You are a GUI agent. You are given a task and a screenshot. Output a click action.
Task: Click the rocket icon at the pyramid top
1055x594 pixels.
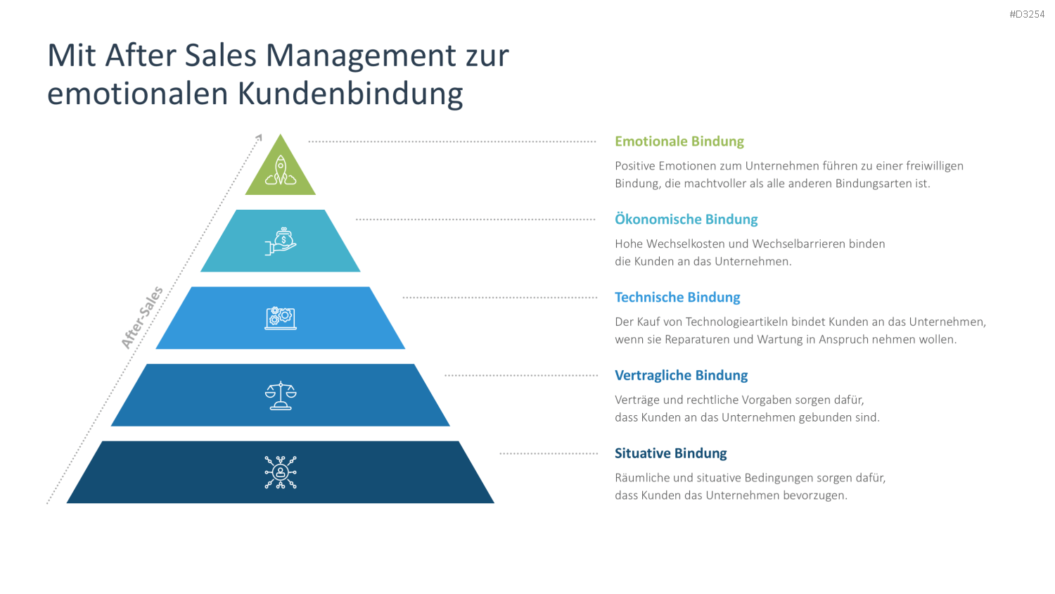pyautogui.click(x=280, y=170)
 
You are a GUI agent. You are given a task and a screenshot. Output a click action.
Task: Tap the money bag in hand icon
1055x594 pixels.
pyautogui.click(x=280, y=241)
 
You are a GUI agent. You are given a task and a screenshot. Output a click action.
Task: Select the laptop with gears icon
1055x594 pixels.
pyautogui.click(x=280, y=318)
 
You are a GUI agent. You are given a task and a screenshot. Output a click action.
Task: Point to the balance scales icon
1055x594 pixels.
pyautogui.click(x=280, y=396)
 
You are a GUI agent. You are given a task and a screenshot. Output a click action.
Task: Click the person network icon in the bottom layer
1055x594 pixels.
pyautogui.click(x=280, y=472)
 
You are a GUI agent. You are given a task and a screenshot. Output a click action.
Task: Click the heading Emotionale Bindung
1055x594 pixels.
pyautogui.click(x=679, y=141)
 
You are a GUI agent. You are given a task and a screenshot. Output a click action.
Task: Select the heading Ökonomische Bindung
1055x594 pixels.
pyautogui.click(x=686, y=219)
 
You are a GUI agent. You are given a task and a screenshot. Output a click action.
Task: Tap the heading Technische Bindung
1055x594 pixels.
pyautogui.click(x=677, y=297)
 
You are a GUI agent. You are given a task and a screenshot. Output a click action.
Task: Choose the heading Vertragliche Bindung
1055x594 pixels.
pyautogui.click(x=681, y=375)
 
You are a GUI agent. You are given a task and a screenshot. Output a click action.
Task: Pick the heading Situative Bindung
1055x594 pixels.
pyautogui.click(x=671, y=453)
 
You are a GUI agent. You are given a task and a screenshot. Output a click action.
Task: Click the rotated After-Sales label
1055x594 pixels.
pyautogui.click(x=142, y=317)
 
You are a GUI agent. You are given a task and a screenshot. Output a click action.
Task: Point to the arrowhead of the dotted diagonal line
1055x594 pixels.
pyautogui.click(x=260, y=137)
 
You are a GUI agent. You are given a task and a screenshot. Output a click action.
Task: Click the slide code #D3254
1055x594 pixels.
pyautogui.click(x=1027, y=15)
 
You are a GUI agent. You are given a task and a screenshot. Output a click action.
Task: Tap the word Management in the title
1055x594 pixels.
pyautogui.click(x=362, y=56)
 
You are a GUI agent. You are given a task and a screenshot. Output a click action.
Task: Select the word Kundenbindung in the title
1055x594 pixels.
pyautogui.click(x=350, y=94)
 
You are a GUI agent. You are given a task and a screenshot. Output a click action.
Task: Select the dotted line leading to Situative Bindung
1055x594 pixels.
pyautogui.click(x=549, y=453)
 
